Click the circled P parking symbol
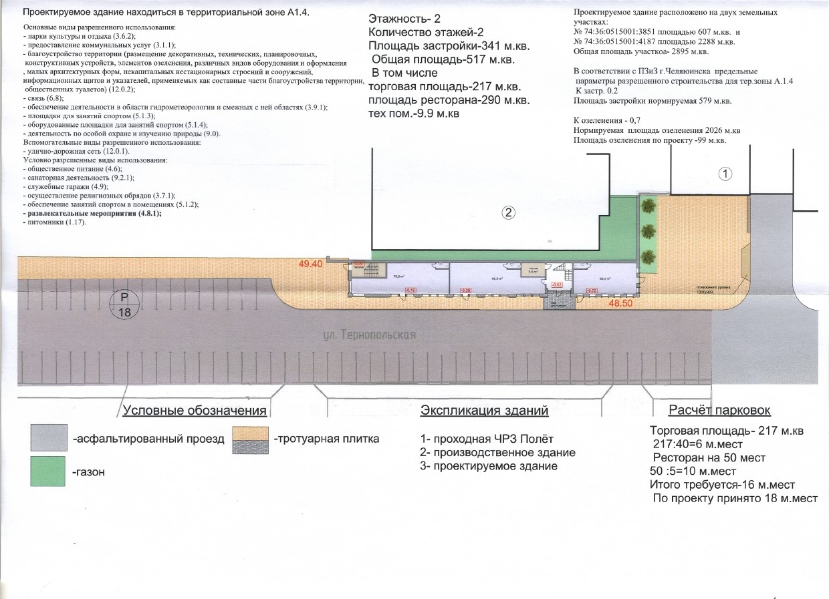124,304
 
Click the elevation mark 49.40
310,264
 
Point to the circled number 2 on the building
509,214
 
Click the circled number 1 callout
725,174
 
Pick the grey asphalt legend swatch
49,439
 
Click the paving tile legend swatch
250,440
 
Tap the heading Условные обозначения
195,411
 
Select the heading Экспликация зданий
484,411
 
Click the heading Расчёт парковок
719,410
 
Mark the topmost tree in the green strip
647,208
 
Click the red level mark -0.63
556,284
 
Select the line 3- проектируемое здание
489,466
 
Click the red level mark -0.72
591,290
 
